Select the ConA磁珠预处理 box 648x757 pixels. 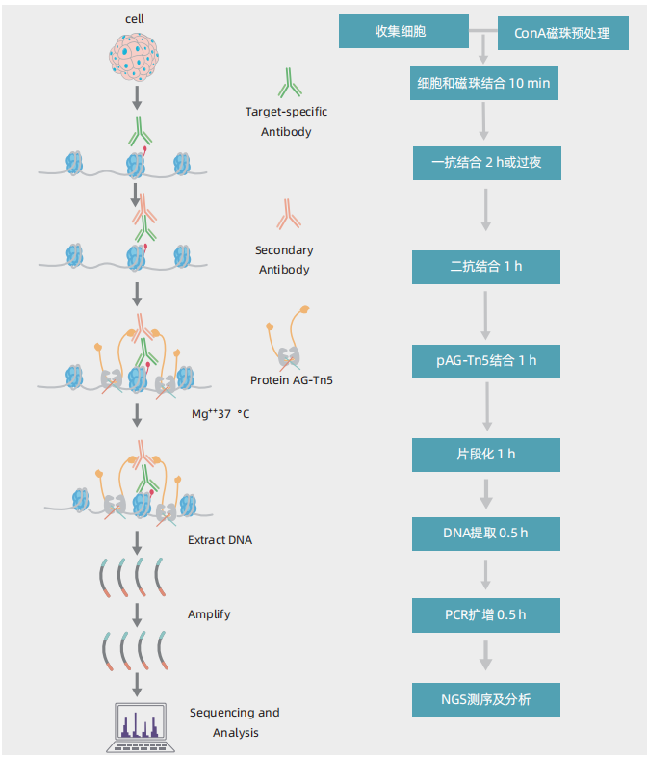pyautogui.click(x=563, y=35)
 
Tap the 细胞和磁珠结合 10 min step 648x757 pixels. pyautogui.click(x=485, y=84)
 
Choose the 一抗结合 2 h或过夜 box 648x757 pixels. pyautogui.click(x=485, y=162)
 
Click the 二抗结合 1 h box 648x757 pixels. pyautogui.click(x=485, y=266)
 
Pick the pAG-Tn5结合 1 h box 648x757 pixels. pyautogui.click(x=485, y=360)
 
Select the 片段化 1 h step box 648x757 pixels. pyautogui.click(x=485, y=454)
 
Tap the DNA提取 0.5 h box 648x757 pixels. pyautogui.click(x=485, y=533)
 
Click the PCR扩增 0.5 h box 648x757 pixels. pyautogui.click(x=485, y=613)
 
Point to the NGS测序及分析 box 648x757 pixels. pyautogui.click(x=485, y=699)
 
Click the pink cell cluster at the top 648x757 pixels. pyautogui.click(x=136, y=55)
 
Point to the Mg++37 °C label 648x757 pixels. pyautogui.click(x=221, y=415)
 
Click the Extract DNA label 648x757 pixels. pyautogui.click(x=220, y=540)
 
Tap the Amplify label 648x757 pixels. pyautogui.click(x=209, y=613)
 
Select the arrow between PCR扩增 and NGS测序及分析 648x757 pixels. pyautogui.click(x=485, y=657)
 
